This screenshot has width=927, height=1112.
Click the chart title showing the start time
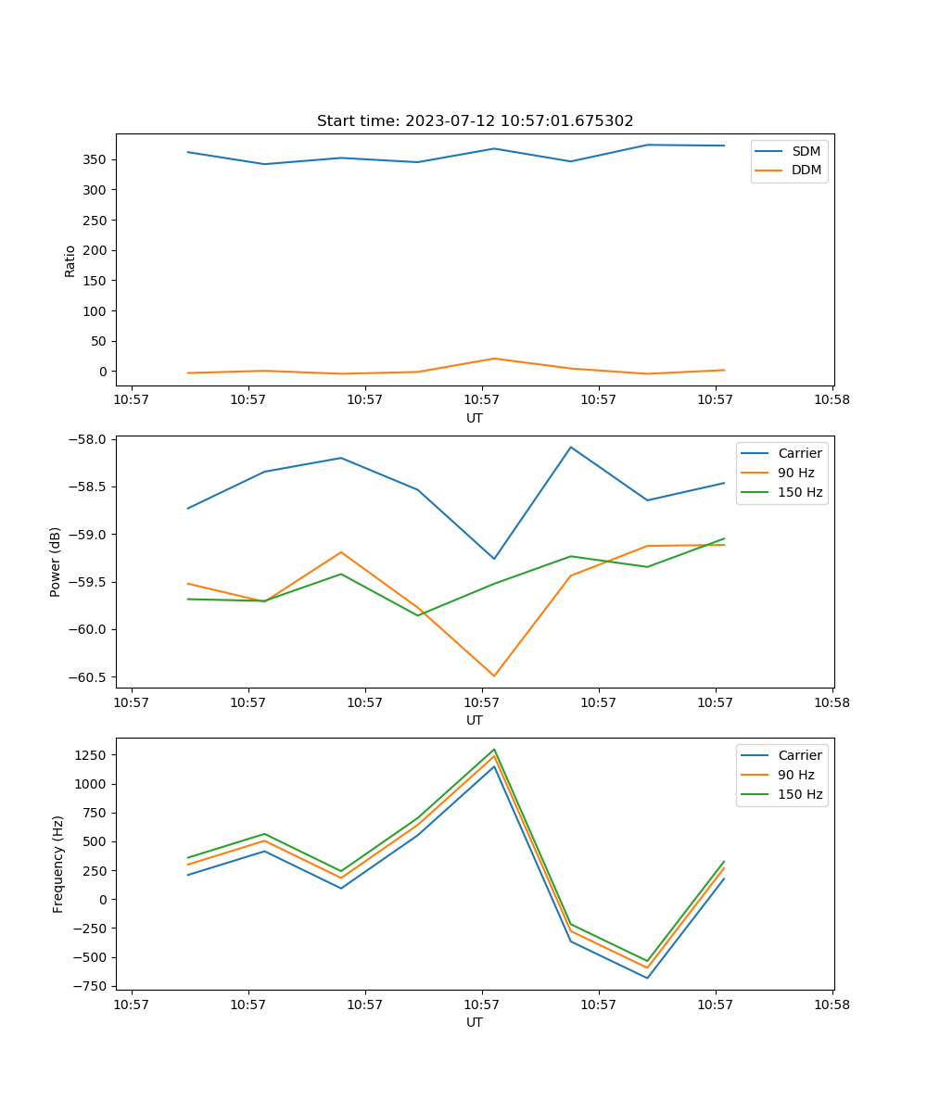pyautogui.click(x=475, y=121)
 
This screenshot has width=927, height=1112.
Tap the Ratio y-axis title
pyautogui.click(x=70, y=260)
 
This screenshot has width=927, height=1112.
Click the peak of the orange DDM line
pyautogui.click(x=494, y=359)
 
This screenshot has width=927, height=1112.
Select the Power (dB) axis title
pyautogui.click(x=56, y=562)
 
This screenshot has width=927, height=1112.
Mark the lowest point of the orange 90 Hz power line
pyautogui.click(x=494, y=676)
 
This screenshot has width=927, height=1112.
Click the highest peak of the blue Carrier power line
pyautogui.click(x=571, y=447)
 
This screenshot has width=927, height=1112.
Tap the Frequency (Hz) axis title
pyautogui.click(x=58, y=864)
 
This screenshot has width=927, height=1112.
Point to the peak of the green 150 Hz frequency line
pyautogui.click(x=494, y=749)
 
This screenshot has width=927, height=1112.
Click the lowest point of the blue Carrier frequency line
pyautogui.click(x=647, y=978)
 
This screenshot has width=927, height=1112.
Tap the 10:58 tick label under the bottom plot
pyautogui.click(x=832, y=1003)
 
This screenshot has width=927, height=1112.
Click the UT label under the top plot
pyautogui.click(x=475, y=418)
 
